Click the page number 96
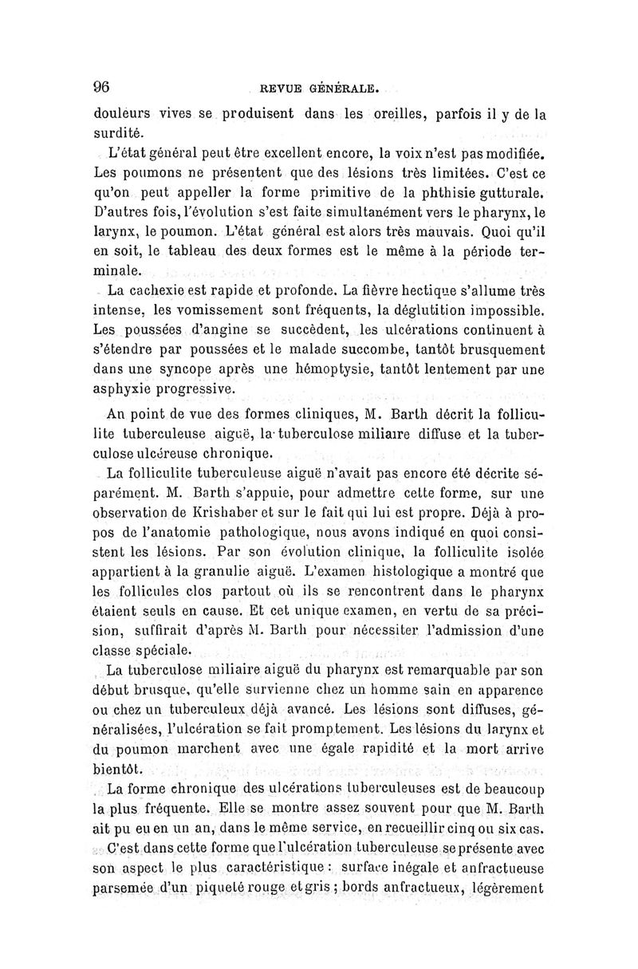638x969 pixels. (x=104, y=87)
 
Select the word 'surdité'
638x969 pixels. (x=118, y=132)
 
